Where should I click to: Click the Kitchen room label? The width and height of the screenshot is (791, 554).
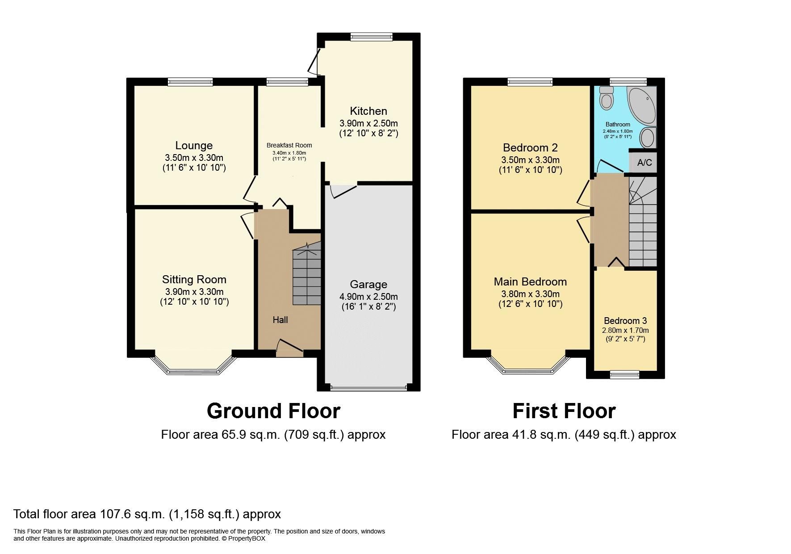tap(368, 111)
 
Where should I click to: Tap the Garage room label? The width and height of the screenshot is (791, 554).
tap(368, 284)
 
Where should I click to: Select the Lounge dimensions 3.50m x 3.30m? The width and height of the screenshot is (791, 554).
tap(194, 157)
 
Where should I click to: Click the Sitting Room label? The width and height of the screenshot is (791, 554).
tap(194, 279)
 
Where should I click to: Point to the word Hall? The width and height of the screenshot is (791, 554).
tap(280, 319)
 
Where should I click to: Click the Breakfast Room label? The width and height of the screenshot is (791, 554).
tap(289, 145)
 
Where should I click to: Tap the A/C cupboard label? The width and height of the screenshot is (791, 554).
tap(644, 163)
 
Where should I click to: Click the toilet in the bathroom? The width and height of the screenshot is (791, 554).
tap(606, 98)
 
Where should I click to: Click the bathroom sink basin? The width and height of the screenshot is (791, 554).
tap(648, 137)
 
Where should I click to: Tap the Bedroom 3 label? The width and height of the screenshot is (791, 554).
tap(625, 320)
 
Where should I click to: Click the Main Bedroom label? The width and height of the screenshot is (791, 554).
tap(530, 281)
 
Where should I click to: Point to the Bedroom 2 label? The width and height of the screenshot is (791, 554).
tap(530, 147)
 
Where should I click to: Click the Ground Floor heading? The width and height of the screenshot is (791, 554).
tap(273, 411)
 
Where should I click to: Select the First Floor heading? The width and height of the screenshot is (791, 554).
tap(564, 411)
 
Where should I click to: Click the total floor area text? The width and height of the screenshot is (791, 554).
tap(147, 514)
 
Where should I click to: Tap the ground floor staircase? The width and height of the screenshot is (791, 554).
tap(307, 277)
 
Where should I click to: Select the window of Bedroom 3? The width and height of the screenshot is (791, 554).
tap(624, 375)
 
